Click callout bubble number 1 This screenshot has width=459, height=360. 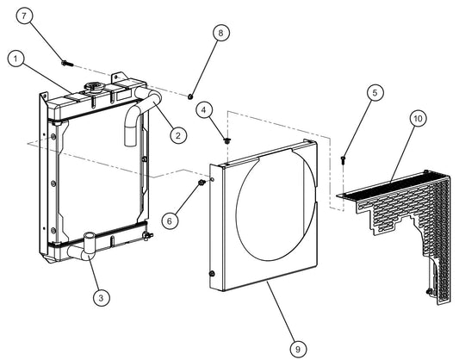click(15, 59)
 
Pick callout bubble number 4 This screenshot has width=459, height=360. click(203, 109)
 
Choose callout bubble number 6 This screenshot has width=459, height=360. click(171, 220)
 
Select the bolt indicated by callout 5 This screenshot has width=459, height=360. click(344, 158)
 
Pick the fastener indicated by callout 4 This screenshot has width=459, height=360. click(226, 139)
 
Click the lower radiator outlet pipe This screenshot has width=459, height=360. click(85, 251)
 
